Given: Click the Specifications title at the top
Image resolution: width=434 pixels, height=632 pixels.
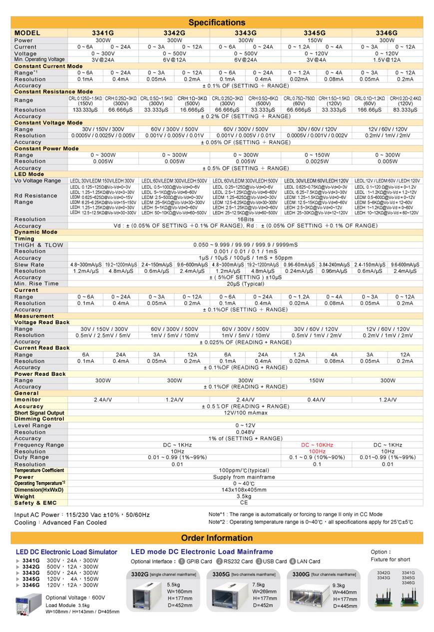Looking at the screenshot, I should [x=217, y=22].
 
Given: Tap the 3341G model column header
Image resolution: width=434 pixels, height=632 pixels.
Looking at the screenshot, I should [x=103, y=33].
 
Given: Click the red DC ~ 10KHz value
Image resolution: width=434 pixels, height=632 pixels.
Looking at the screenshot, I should [x=317, y=445].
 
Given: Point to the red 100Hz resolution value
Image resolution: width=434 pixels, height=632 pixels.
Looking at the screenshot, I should [x=317, y=451].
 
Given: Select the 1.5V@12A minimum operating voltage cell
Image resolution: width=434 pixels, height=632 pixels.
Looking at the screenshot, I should [x=388, y=59].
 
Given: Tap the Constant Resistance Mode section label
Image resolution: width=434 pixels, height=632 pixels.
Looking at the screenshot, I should [x=46, y=92].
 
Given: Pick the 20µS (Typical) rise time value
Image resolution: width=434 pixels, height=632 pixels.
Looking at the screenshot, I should [x=245, y=283].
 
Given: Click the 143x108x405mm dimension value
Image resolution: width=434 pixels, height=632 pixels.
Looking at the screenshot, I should [x=245, y=490].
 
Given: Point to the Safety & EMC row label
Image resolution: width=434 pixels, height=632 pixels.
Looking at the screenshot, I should [x=35, y=503].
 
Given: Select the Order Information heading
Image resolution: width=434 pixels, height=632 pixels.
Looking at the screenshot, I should [x=217, y=538].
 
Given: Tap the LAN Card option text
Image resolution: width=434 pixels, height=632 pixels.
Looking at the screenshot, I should [x=308, y=561].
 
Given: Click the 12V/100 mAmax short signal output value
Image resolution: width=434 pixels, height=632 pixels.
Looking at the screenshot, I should [x=245, y=413].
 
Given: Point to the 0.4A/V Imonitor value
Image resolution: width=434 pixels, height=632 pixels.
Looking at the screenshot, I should [x=316, y=399].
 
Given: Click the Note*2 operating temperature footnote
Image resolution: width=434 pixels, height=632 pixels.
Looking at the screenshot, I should [x=311, y=522].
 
